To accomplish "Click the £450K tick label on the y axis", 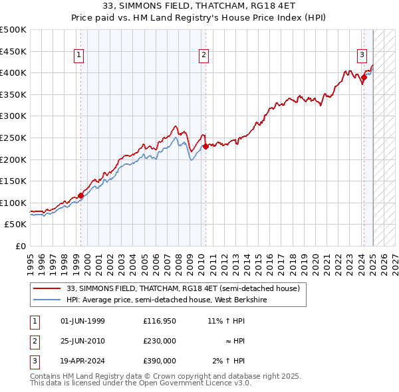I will (13, 51).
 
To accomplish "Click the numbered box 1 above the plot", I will (79, 55).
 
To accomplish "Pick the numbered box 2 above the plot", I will (203, 55).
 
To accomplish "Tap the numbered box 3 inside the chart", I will (362, 55).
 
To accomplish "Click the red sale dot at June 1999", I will (80, 195).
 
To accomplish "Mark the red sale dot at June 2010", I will (205, 147).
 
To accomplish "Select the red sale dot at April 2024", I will (364, 78).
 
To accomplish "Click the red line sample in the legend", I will (47, 289).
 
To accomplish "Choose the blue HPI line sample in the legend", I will (47, 300).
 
